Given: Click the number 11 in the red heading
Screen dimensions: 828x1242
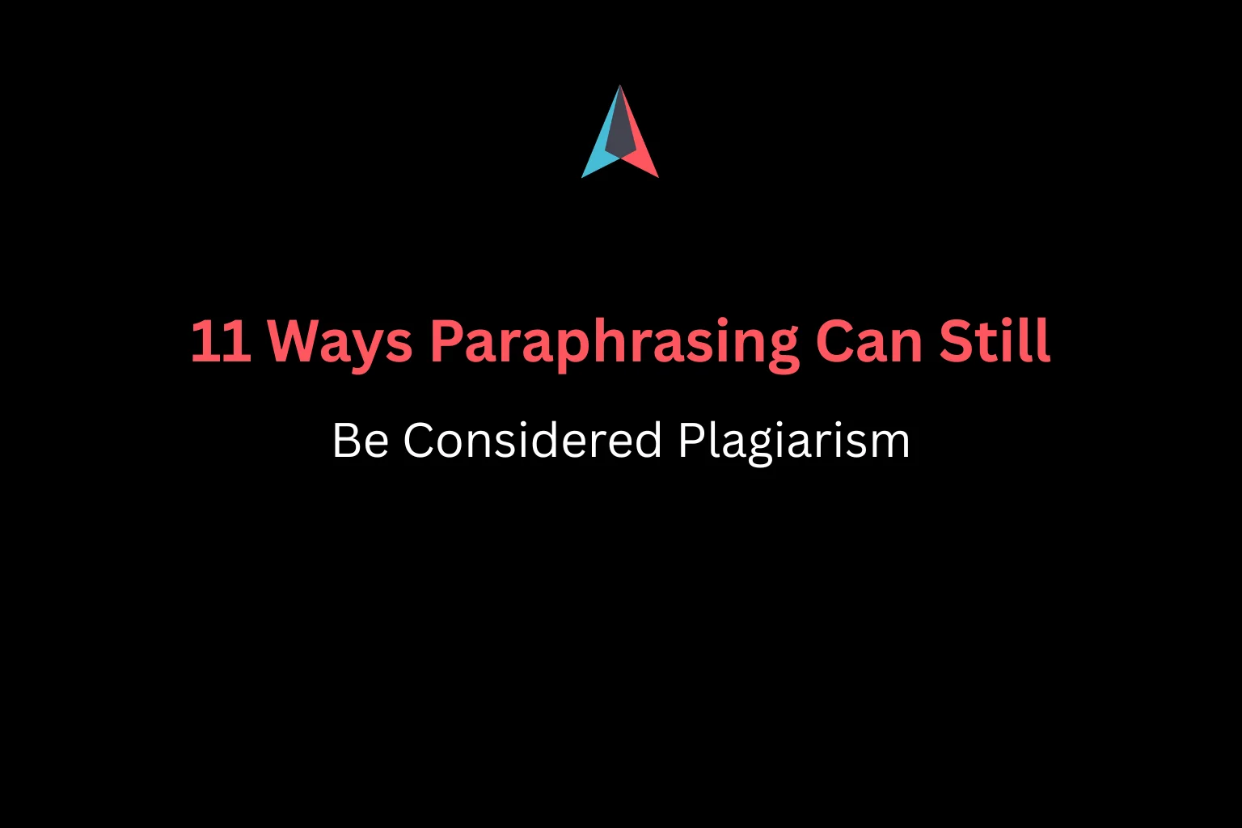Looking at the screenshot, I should pos(220,341).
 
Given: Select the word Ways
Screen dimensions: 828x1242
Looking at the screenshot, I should pos(340,341).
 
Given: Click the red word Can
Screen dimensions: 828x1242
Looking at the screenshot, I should pos(869,341).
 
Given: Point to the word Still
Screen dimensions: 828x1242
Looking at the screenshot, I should pos(995,340).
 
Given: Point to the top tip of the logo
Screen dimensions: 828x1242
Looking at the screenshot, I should pos(620,87).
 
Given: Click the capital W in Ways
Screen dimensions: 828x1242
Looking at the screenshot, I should pos(296,341).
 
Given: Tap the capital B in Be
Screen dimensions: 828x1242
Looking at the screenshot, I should pos(347,441).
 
